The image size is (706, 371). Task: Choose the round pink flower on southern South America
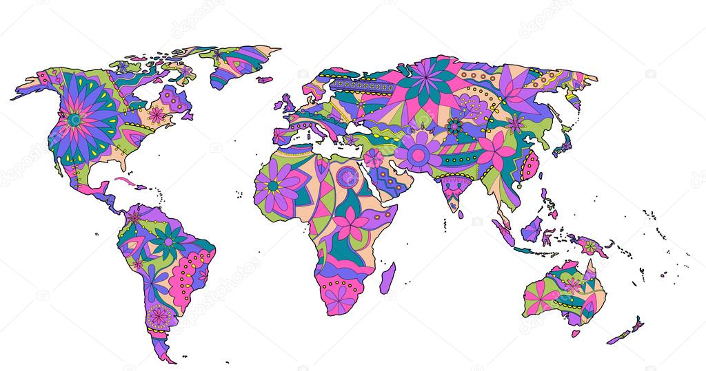tap(159, 315)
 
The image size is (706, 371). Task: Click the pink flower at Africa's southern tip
tap(338, 298)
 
